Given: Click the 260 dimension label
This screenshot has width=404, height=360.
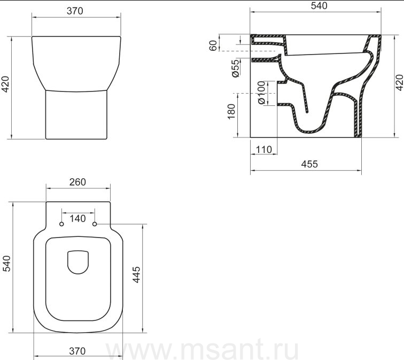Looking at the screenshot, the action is pyautogui.click(x=77, y=182).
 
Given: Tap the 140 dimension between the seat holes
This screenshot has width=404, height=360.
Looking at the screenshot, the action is pyautogui.click(x=77, y=219).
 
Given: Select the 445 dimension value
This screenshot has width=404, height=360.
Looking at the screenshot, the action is pyautogui.click(x=137, y=275).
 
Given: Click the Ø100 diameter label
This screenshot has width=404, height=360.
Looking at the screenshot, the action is pyautogui.click(x=261, y=93).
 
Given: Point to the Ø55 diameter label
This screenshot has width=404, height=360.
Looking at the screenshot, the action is pyautogui.click(x=236, y=68).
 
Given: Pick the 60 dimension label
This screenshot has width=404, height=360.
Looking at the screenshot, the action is pyautogui.click(x=213, y=45).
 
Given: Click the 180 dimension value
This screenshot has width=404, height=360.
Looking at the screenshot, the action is pyautogui.click(x=231, y=111).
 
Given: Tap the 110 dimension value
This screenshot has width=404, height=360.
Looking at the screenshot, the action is pyautogui.click(x=263, y=150).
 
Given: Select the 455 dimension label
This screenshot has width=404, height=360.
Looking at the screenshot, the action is pyautogui.click(x=309, y=164).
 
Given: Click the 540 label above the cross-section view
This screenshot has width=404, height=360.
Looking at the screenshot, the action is pyautogui.click(x=319, y=6).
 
